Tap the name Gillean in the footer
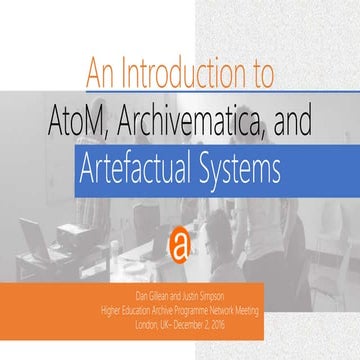point(152,295)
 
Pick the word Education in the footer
point(132,307)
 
